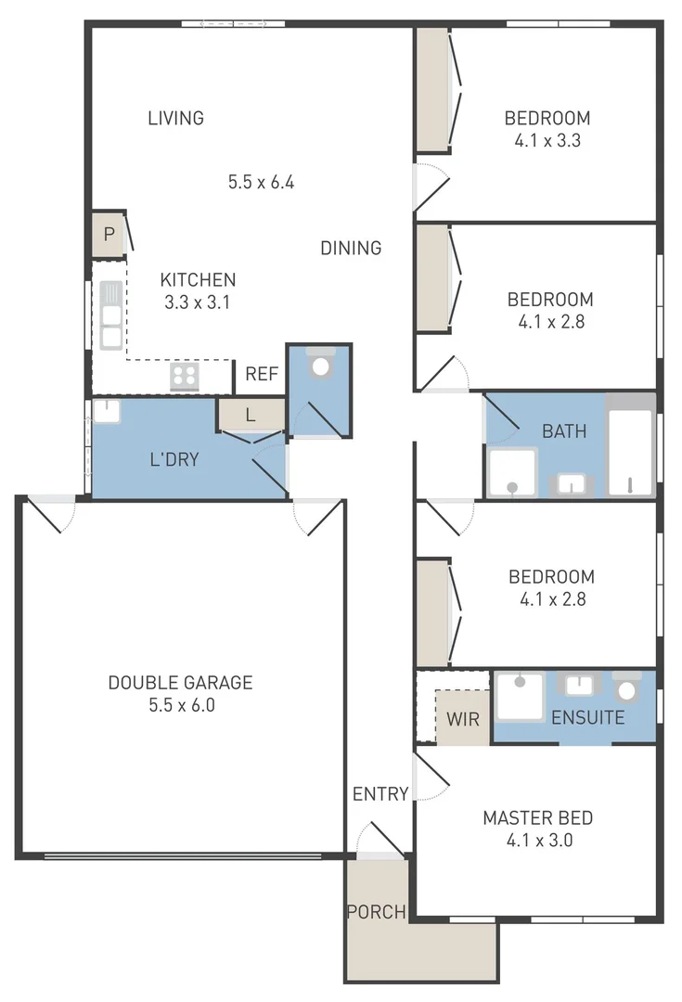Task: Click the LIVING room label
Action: [175, 118]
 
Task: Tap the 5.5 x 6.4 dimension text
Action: [261, 182]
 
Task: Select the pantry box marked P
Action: [109, 235]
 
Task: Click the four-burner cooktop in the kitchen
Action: [184, 376]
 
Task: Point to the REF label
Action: [262, 375]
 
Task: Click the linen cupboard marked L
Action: [250, 415]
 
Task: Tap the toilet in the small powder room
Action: [321, 364]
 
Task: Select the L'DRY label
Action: [174, 458]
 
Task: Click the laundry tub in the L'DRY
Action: [107, 411]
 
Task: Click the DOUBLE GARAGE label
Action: [180, 683]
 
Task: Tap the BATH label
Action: [564, 430]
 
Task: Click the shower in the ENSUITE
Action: [520, 697]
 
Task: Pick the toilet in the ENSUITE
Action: [628, 687]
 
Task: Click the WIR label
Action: [462, 719]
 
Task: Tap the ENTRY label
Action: [380, 793]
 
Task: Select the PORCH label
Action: [376, 912]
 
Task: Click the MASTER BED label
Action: [537, 818]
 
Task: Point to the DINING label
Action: [351, 248]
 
